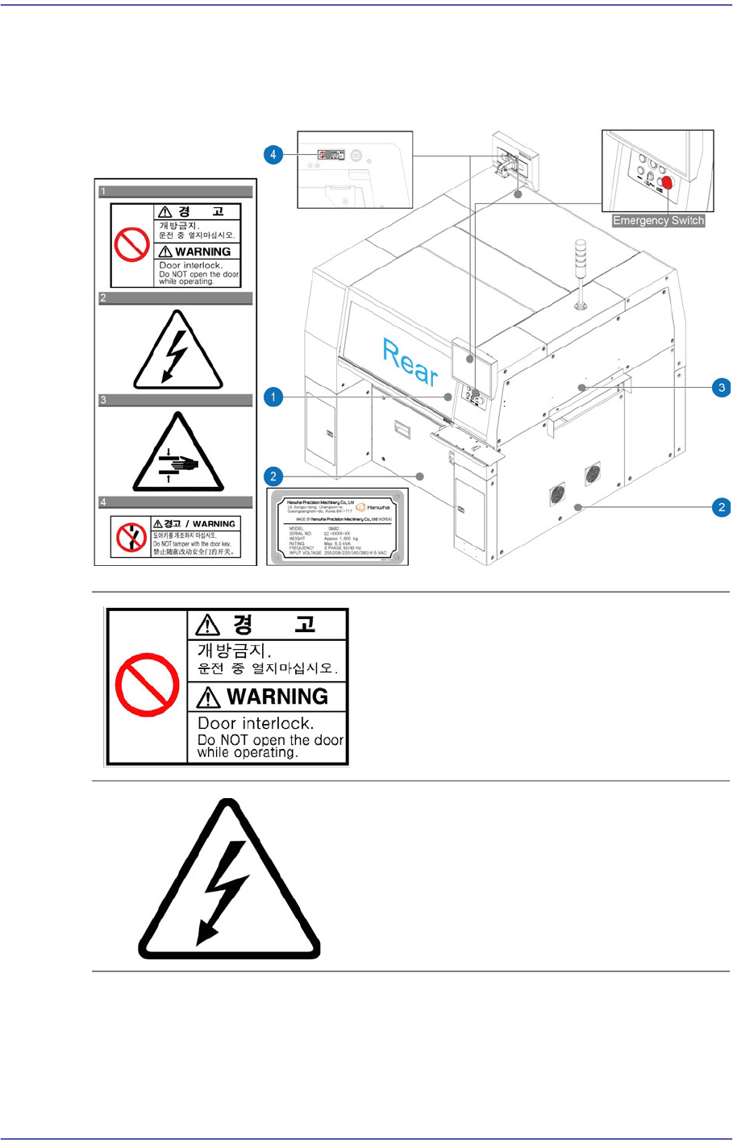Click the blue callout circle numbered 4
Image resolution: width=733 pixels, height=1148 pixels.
click(x=273, y=153)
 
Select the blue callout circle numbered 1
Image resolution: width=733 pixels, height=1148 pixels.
click(x=273, y=397)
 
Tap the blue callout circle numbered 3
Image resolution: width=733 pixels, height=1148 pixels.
click(x=722, y=387)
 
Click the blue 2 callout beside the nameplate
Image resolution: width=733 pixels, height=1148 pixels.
click(x=273, y=476)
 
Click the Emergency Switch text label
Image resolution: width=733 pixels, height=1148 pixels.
click(x=658, y=220)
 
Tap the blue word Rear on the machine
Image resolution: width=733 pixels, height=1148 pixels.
click(x=410, y=362)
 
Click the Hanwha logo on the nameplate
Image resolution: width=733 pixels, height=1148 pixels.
click(x=373, y=508)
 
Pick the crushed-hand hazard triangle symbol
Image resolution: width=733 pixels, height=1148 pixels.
click(x=177, y=455)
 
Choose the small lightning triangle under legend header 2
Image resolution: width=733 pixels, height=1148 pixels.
click(x=177, y=352)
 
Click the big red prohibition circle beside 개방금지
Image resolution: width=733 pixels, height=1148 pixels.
click(x=147, y=685)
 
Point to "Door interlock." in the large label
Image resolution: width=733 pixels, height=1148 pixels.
click(x=256, y=723)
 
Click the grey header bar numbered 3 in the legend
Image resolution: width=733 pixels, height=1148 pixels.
click(x=175, y=400)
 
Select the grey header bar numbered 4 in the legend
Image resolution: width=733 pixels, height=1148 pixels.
click(x=175, y=502)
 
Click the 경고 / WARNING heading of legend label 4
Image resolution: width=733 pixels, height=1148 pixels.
click(x=195, y=524)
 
